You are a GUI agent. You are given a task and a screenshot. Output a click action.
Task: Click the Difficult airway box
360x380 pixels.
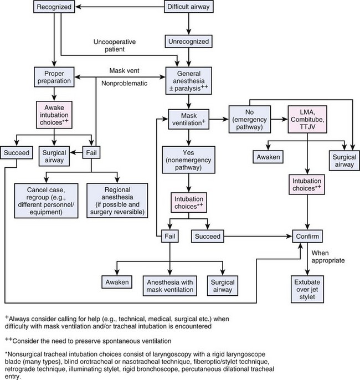189,8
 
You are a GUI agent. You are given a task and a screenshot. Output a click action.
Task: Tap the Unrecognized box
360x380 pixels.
189,40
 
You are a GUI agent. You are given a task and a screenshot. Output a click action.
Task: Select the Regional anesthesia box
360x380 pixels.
117,194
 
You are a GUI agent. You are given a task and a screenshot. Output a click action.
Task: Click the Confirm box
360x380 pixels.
307,237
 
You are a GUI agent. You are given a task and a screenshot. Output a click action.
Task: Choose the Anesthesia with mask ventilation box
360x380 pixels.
168,285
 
